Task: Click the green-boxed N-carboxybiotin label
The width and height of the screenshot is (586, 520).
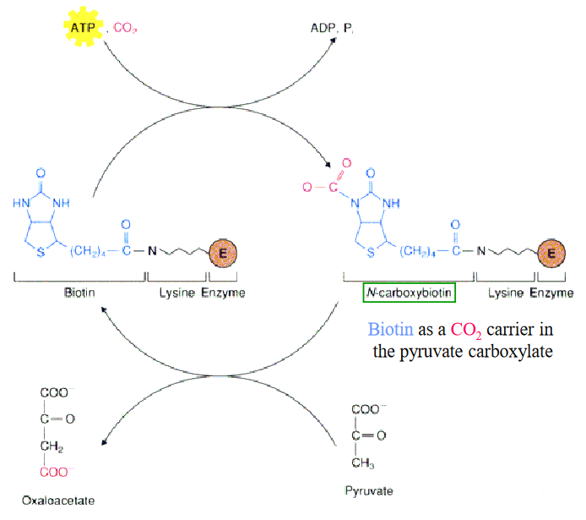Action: pyautogui.click(x=410, y=293)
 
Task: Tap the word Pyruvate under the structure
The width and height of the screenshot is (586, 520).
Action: pyautogui.click(x=369, y=490)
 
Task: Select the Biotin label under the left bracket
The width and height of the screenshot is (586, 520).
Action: pyautogui.click(x=80, y=293)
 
